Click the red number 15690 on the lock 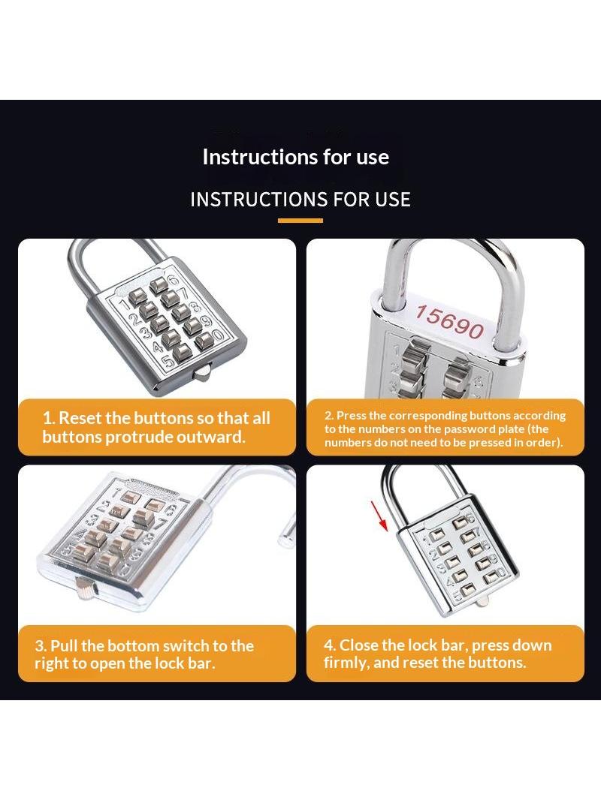click(x=448, y=321)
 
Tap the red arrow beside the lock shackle click(x=379, y=516)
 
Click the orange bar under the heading click(x=300, y=221)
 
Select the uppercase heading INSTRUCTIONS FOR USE click(x=300, y=200)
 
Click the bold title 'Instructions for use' click(x=296, y=157)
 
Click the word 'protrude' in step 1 click(x=138, y=438)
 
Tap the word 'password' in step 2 click(x=473, y=429)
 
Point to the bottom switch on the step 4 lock click(x=481, y=602)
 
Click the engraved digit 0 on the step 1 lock click(x=218, y=335)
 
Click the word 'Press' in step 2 click(x=352, y=415)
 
